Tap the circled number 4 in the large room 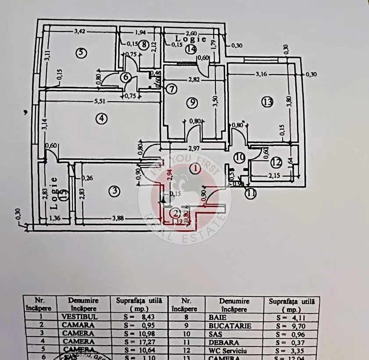101,118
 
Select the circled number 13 267,102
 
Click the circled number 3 114,191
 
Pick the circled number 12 275,163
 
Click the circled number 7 171,89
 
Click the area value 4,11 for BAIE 291,316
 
